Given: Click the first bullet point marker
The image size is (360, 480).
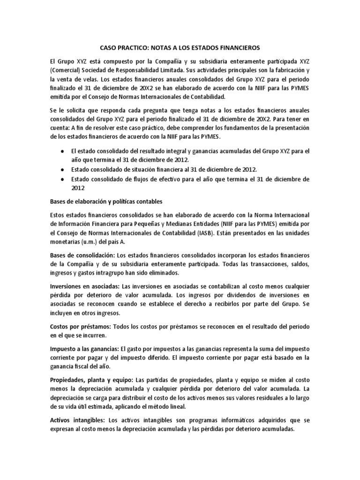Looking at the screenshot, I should click(63, 151).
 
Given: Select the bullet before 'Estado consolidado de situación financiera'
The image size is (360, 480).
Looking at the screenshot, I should click(63, 169).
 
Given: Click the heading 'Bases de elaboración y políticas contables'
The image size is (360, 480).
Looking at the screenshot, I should click(106, 201).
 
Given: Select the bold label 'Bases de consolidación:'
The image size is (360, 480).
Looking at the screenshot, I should click(82, 255).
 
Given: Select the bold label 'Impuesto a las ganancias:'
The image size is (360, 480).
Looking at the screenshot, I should click(84, 349).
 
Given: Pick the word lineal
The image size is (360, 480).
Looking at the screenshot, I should click(177, 407).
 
